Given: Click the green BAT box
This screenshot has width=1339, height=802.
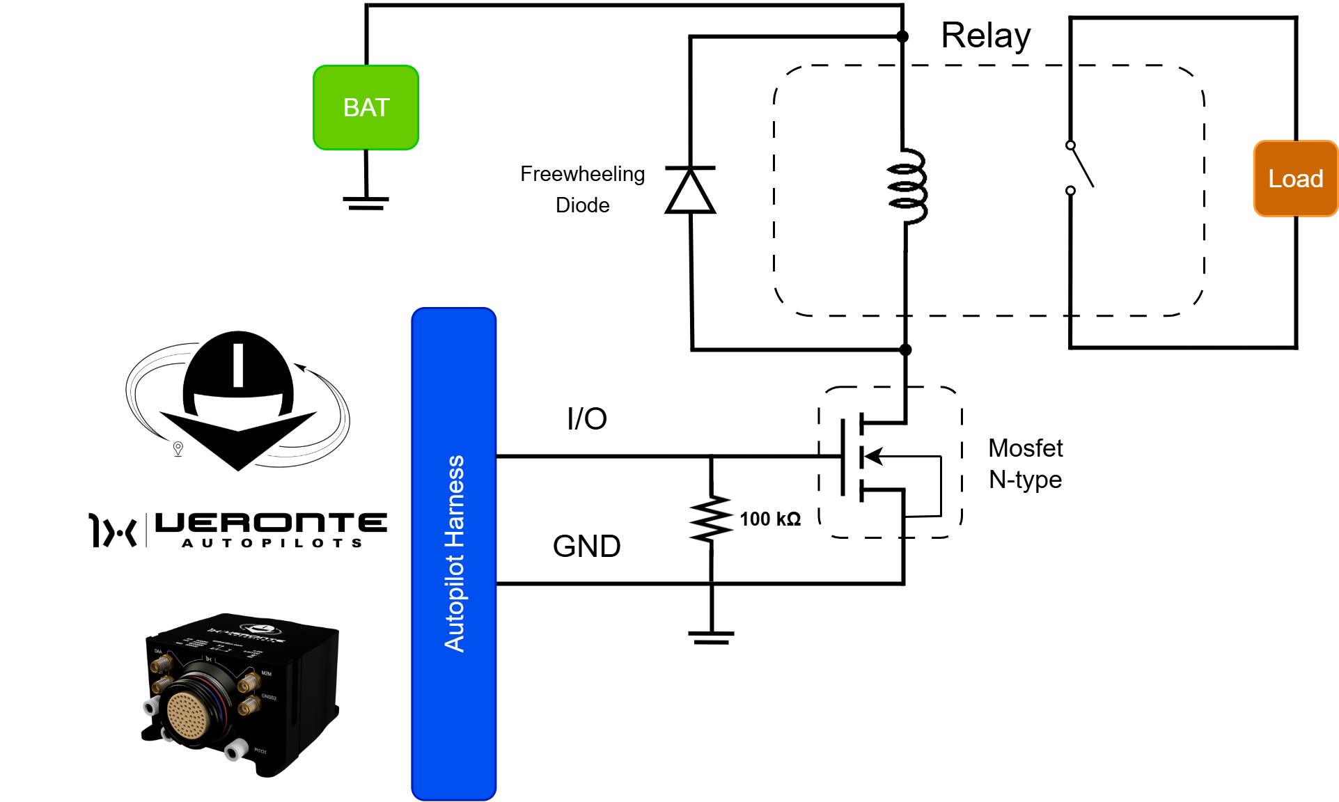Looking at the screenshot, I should click(x=366, y=108).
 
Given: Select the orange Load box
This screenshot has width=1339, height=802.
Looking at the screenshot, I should click(x=1295, y=179).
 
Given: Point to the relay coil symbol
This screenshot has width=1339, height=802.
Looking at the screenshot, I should click(x=907, y=187).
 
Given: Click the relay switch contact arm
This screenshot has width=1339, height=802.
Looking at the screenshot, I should click(x=1082, y=167).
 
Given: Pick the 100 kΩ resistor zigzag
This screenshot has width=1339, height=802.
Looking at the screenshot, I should click(x=711, y=519).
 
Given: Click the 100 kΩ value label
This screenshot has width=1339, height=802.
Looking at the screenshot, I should click(x=770, y=519).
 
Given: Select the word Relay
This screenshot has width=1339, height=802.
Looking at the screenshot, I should click(x=985, y=36).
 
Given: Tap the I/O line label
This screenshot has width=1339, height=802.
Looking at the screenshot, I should click(x=587, y=418).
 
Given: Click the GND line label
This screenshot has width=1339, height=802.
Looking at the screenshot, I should click(x=586, y=546).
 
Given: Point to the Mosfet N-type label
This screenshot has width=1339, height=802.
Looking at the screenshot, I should click(x=1026, y=464).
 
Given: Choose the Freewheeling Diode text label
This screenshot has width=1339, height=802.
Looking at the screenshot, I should click(x=583, y=189).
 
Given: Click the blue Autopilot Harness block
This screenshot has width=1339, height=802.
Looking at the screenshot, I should click(x=454, y=553).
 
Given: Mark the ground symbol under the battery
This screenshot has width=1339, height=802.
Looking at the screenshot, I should click(x=366, y=203).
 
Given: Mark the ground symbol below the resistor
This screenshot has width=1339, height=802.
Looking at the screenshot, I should click(x=711, y=637).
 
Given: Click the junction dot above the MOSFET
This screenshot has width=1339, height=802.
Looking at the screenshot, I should click(x=905, y=349).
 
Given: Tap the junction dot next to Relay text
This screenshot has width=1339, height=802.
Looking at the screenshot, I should click(x=902, y=37).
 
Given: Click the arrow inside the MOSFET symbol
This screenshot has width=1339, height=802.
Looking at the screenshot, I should click(x=875, y=457).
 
